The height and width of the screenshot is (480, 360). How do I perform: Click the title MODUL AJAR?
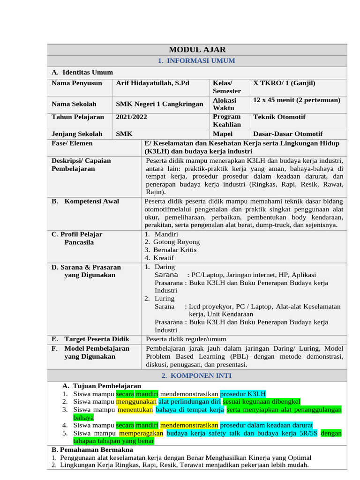197,50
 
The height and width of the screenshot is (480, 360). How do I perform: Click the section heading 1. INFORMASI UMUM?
197,61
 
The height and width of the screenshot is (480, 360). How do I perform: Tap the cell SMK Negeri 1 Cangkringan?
160,104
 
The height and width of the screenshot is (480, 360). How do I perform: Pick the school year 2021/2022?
132,117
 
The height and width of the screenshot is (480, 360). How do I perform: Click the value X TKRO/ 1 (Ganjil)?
285,83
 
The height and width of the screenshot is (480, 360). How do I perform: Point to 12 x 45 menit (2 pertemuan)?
296,100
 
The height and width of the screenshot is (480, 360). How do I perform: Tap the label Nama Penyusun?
77,83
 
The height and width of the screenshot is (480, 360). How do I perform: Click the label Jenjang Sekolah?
77,134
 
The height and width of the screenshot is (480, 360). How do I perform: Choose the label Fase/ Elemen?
72,143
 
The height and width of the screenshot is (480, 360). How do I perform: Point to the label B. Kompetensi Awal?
85,202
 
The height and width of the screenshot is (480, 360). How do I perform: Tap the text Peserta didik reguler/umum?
186,339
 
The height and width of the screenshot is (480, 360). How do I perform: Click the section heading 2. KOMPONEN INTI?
197,376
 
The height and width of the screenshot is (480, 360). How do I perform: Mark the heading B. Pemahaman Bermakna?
92,450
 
